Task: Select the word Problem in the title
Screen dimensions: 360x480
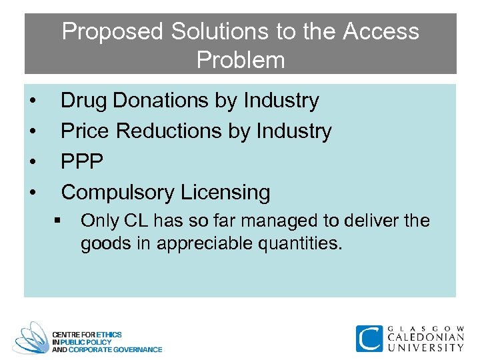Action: [241, 60]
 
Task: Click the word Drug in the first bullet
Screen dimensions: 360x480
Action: [84, 101]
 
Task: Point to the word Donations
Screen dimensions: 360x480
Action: [161, 101]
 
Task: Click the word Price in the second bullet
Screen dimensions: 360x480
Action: [85, 131]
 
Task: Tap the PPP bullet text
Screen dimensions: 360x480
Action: [83, 162]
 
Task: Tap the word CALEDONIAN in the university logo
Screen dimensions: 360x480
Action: [425, 337]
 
